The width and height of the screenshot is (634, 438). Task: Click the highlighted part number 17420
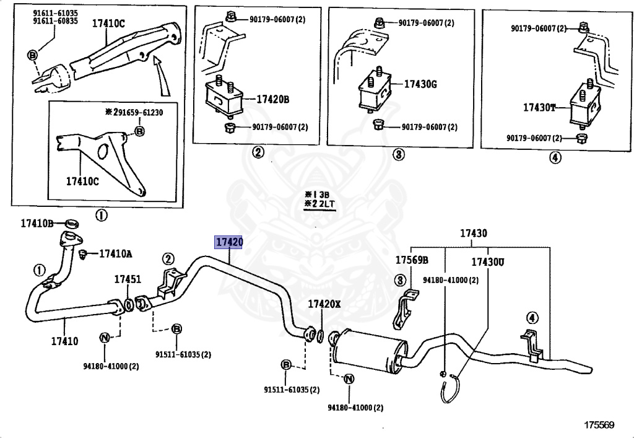point(228,242)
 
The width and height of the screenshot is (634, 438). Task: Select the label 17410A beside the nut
point(116,253)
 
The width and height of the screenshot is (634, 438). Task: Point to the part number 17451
point(127,280)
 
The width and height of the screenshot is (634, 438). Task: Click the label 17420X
point(324,304)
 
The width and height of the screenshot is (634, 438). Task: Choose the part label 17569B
point(412,260)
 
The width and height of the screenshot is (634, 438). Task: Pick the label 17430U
point(487,262)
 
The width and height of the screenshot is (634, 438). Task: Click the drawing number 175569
point(599,425)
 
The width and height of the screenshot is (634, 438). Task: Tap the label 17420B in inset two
point(274,99)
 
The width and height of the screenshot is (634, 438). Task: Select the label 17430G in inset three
point(421,84)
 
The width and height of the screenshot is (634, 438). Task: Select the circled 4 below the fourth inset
point(555,157)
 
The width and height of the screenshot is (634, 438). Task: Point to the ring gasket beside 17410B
point(71,223)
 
